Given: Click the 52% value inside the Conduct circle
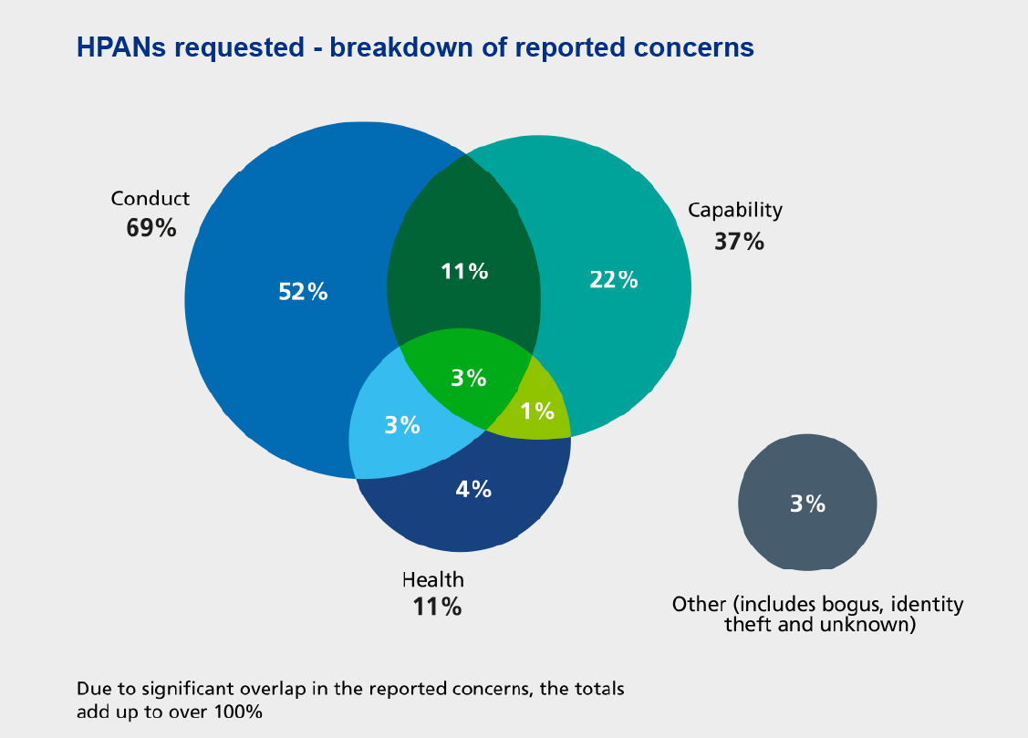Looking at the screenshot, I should [302, 292].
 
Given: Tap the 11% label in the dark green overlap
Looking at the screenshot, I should [465, 271].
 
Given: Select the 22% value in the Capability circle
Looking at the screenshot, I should [614, 280].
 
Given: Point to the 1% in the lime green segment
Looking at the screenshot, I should [537, 411].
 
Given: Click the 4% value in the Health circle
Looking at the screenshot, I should [473, 489].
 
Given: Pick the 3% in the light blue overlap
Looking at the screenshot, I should [401, 425].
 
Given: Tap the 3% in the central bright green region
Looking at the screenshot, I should [469, 378].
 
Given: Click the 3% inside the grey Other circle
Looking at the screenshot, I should [807, 503].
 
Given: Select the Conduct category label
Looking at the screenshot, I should [151, 198].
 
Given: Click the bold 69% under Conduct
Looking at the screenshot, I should [151, 227].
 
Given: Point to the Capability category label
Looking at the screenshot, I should [735, 210].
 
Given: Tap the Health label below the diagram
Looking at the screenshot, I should [433, 579].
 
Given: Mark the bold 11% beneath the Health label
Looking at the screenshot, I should [436, 607].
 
